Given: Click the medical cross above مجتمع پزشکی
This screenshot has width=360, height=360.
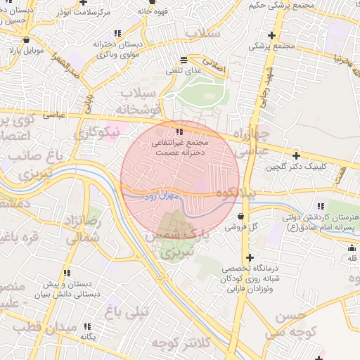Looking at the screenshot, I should tap(271, 35).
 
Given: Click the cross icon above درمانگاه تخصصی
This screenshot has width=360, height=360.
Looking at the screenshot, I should tap(250, 257).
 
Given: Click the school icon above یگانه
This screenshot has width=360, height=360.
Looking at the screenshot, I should tap(87, 326).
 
